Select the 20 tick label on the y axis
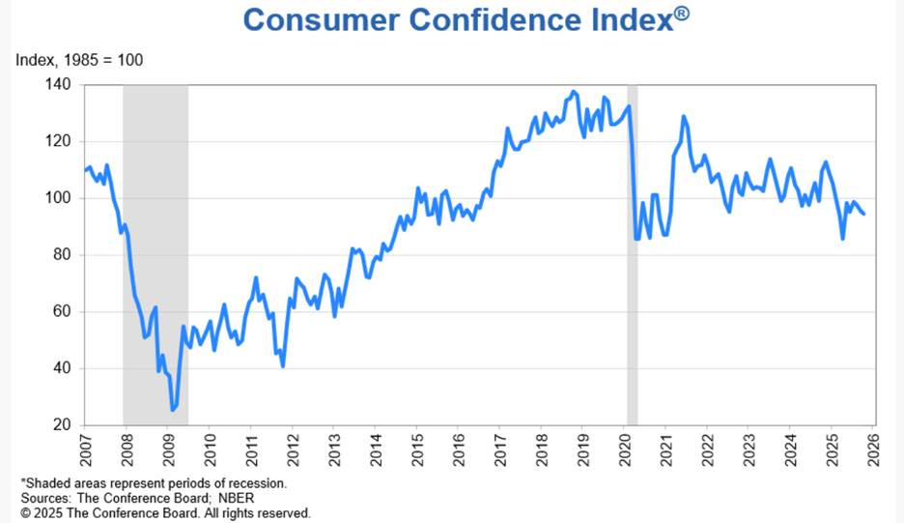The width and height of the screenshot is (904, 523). coord(62,425)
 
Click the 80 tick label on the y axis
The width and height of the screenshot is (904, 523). coord(62,255)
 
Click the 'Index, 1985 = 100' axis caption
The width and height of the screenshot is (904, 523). coord(79,60)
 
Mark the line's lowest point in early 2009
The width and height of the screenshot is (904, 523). coord(173,410)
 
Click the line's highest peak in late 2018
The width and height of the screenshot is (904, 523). coord(574,92)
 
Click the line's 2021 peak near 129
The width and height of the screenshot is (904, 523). coord(684,117)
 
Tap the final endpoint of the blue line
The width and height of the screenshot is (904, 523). coord(863,214)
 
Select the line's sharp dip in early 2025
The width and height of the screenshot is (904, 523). coord(843,239)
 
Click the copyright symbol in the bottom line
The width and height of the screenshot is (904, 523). coord(26,513)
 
